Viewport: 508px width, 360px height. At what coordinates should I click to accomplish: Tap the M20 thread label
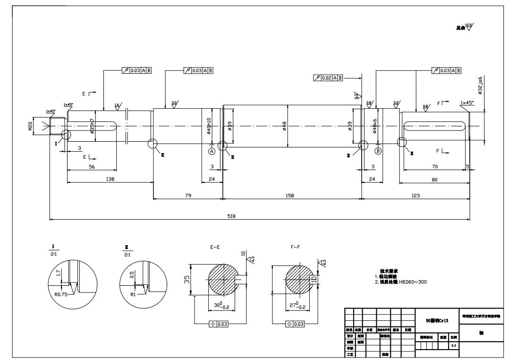[30, 126]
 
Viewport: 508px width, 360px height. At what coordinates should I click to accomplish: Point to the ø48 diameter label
[284, 126]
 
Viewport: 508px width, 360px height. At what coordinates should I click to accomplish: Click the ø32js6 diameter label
[480, 85]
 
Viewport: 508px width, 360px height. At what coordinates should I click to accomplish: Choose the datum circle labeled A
[212, 151]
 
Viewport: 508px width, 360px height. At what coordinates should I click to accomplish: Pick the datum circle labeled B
[378, 151]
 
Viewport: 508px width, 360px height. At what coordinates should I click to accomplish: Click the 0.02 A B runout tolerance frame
[328, 77]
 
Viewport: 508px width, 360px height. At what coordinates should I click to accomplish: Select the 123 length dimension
[415, 195]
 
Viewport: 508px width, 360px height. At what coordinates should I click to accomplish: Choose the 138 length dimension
[110, 179]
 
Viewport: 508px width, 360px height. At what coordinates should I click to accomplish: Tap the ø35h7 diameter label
[93, 126]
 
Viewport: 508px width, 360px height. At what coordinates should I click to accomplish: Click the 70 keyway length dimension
[434, 166]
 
